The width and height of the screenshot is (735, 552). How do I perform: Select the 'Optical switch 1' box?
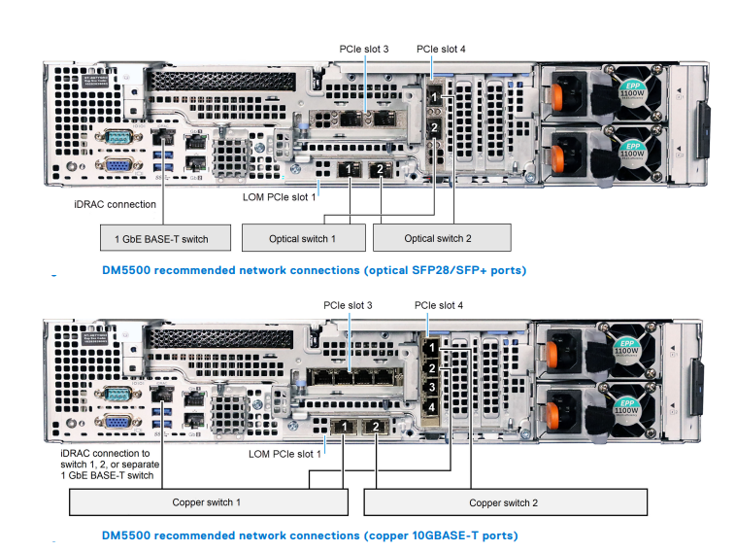[302, 237]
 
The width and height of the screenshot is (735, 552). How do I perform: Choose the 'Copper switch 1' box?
[207, 502]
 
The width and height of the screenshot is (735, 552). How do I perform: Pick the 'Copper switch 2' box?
[505, 502]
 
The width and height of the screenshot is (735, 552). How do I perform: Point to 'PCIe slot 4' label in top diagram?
[441, 48]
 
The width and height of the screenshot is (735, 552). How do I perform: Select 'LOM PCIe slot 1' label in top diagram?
[280, 196]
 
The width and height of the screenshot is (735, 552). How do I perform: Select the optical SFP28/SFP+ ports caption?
[314, 270]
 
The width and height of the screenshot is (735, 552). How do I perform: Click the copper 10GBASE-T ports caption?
[310, 535]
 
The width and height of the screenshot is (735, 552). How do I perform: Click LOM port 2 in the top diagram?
[381, 169]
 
